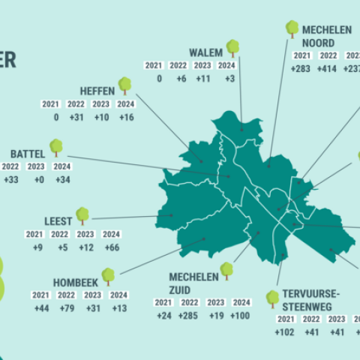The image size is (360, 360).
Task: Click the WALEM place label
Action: tap(205, 52)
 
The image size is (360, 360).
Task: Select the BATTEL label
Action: tap(28, 153)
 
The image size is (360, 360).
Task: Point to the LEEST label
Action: tap(58, 221)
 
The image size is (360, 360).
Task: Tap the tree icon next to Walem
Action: tap(232, 48)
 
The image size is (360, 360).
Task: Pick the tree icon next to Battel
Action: tap(56, 147)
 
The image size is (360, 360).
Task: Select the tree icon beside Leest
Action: tap(82, 216)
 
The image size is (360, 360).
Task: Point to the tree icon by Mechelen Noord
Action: tap(292, 29)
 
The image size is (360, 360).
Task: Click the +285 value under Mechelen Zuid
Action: tap(190, 315)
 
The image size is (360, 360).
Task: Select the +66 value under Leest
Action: tap(111, 247)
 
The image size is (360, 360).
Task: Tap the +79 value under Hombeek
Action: tap(67, 308)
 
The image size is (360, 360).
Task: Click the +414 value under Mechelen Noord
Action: tap(328, 69)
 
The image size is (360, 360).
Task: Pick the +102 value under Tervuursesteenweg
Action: tap(285, 331)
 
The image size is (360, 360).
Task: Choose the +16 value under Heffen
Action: tap(126, 117)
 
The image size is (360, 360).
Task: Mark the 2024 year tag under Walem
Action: tap(227, 66)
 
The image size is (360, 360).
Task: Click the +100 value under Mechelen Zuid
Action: tap(241, 315)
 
